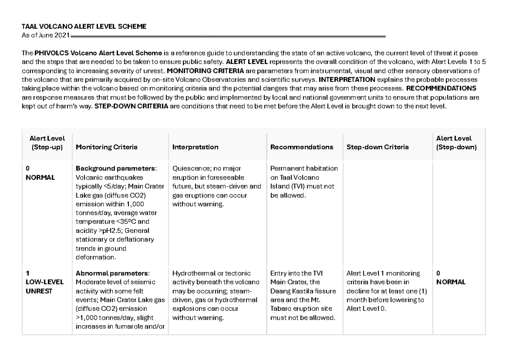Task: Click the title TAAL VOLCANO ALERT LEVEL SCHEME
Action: click(84, 26)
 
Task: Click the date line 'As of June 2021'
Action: click(46, 34)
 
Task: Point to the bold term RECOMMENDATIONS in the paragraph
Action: click(441, 88)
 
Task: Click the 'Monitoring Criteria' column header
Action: click(106, 147)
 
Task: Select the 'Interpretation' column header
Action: click(195, 147)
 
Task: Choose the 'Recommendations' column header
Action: click(302, 147)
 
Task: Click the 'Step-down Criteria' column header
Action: click(378, 147)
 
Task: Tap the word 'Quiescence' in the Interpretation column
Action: click(188, 168)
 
